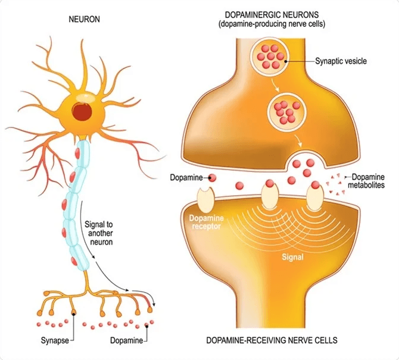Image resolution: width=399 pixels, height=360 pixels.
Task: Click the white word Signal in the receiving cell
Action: coord(292,258)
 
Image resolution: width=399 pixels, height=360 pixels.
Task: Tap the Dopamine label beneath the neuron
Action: coord(126,341)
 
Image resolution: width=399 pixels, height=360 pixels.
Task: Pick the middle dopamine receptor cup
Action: coord(270,195)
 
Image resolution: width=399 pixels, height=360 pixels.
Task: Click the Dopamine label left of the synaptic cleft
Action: coord(187,177)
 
